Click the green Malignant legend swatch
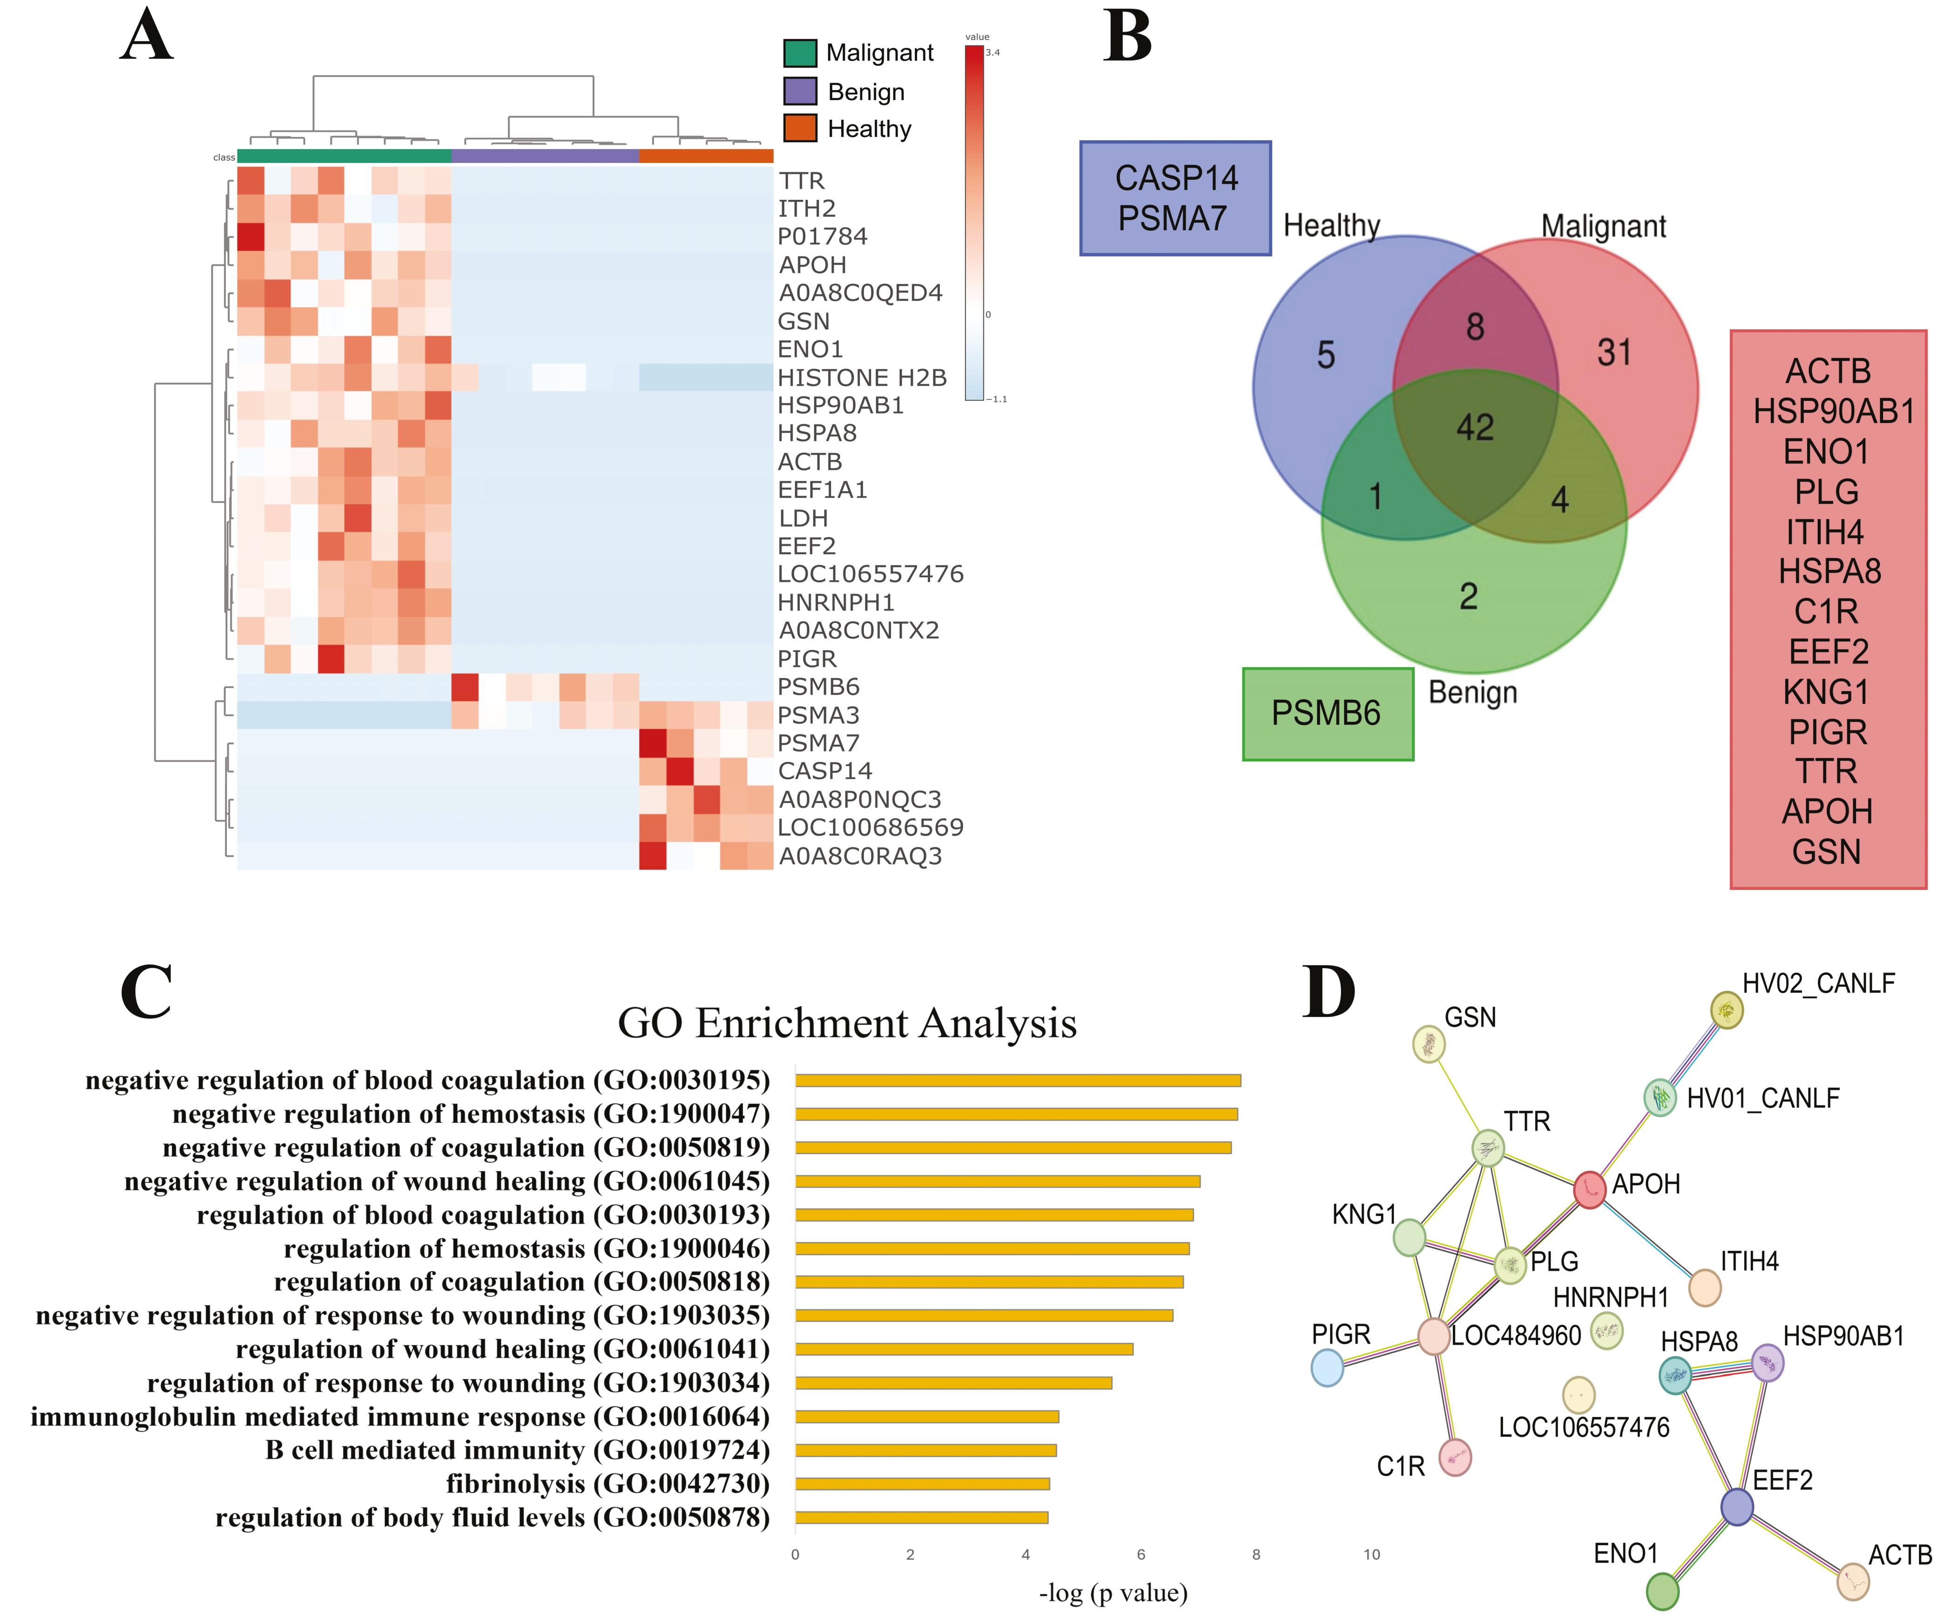(x=799, y=53)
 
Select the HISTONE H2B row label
(x=861, y=378)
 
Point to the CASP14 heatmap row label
(x=824, y=771)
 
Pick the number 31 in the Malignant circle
(x=1613, y=353)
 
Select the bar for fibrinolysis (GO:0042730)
(x=922, y=1484)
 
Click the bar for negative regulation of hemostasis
(x=1016, y=1114)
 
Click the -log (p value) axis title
(x=1112, y=1593)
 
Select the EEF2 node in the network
(x=1737, y=1507)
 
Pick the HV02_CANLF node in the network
(x=1727, y=1011)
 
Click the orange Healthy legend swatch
(x=799, y=128)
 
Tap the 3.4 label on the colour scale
(x=993, y=53)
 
